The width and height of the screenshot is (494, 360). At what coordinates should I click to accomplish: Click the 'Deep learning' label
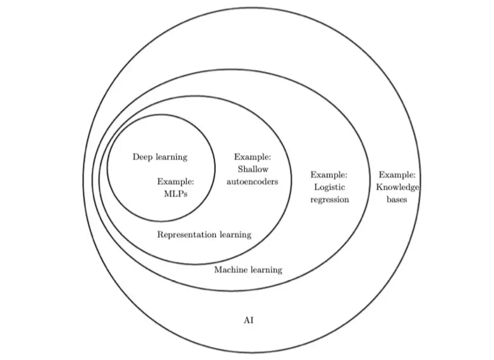160,157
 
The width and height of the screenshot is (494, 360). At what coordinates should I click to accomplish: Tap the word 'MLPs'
176,194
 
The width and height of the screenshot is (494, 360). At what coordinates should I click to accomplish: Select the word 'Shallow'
253,169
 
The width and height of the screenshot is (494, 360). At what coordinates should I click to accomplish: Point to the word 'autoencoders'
252,181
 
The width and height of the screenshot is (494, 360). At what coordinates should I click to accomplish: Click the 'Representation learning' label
204,234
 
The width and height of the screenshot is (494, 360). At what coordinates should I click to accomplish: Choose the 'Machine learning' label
248,270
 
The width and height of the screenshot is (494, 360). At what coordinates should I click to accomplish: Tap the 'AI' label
249,320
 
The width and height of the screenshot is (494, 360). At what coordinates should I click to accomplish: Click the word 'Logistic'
329,187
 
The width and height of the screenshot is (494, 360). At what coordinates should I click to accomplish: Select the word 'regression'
329,200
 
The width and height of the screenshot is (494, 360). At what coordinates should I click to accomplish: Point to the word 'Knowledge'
397,187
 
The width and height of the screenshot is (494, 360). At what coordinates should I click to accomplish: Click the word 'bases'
397,200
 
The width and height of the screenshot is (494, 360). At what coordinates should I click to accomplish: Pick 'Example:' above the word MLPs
176,181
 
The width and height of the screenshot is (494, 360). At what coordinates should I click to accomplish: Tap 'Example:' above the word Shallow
252,157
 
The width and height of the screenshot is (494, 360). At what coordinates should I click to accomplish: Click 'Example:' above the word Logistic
329,174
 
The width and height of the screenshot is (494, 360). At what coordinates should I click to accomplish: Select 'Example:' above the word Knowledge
397,174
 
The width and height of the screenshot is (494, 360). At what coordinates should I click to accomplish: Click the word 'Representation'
187,234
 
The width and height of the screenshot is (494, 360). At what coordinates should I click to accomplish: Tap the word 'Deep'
143,157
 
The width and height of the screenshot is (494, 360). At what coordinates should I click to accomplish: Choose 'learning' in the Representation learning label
235,234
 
